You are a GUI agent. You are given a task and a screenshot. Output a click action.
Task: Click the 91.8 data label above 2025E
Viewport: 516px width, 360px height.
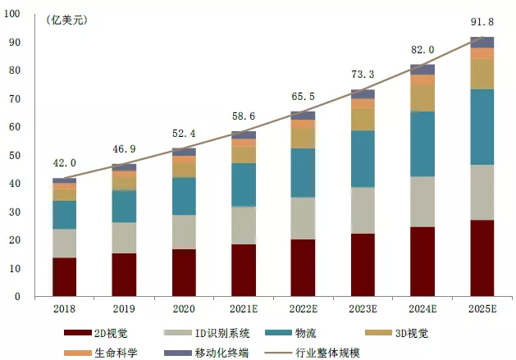pos(481,21)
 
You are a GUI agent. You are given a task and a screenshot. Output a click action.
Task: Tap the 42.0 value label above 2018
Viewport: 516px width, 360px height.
pos(64,163)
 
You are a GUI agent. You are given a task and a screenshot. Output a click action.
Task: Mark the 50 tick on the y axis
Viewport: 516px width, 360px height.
pos(15,156)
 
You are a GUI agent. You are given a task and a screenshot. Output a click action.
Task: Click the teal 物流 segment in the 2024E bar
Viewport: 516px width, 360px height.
pos(422,144)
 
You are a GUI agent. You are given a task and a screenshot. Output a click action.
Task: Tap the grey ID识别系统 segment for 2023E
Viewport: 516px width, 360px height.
pos(362,210)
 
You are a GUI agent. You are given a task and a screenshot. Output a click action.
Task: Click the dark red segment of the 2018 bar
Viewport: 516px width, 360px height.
pos(64,276)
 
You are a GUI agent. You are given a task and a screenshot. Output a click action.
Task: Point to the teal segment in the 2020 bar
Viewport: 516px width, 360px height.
pos(184,196)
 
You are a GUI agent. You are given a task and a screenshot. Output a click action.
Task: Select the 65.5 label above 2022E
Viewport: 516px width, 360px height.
pos(303,97)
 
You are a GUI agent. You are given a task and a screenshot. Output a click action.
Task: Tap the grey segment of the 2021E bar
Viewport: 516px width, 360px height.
pos(243,226)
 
